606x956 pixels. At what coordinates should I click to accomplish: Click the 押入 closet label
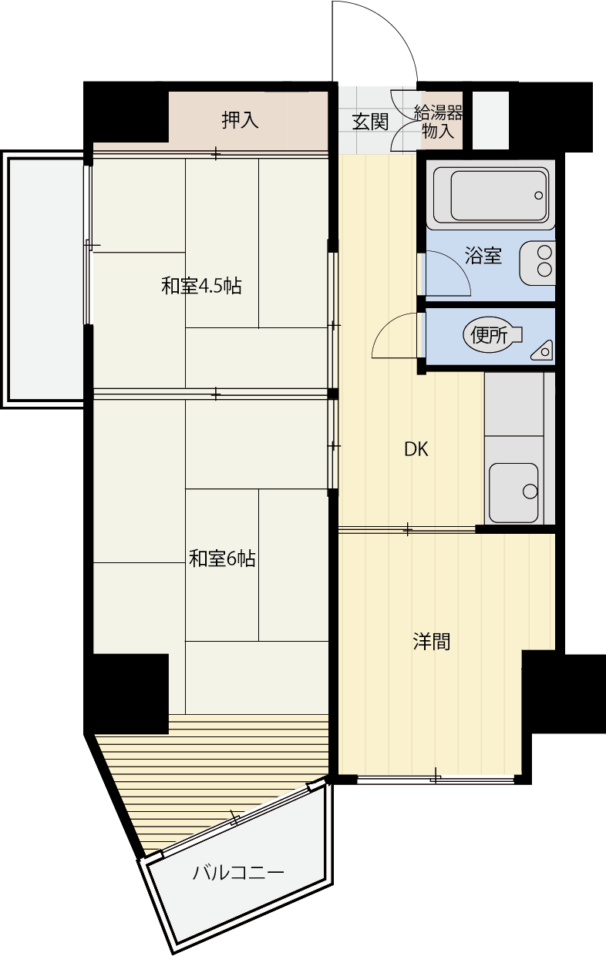click(x=240, y=120)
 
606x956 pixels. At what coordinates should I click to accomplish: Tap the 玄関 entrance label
click(x=370, y=122)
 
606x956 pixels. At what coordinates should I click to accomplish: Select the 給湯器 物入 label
click(x=439, y=122)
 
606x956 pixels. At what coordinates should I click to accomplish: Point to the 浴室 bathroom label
click(x=483, y=255)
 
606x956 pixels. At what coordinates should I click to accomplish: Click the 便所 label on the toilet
click(x=489, y=335)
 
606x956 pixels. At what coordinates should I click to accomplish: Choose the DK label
click(x=416, y=449)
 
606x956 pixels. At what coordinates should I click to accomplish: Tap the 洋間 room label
click(x=431, y=642)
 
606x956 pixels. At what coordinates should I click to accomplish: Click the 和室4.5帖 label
click(x=201, y=286)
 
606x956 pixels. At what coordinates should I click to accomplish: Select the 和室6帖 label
click(x=222, y=559)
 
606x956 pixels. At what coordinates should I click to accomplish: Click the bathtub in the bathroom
click(x=490, y=195)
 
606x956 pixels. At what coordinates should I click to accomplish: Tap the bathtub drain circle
click(x=538, y=196)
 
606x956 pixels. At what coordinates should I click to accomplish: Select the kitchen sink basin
click(x=513, y=493)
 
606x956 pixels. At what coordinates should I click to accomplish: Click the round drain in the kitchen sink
click(x=530, y=491)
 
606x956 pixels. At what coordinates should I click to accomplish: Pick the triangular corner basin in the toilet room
click(x=542, y=350)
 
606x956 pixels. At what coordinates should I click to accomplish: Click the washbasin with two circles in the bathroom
click(x=537, y=263)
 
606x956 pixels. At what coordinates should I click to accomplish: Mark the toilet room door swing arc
click(x=385, y=325)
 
